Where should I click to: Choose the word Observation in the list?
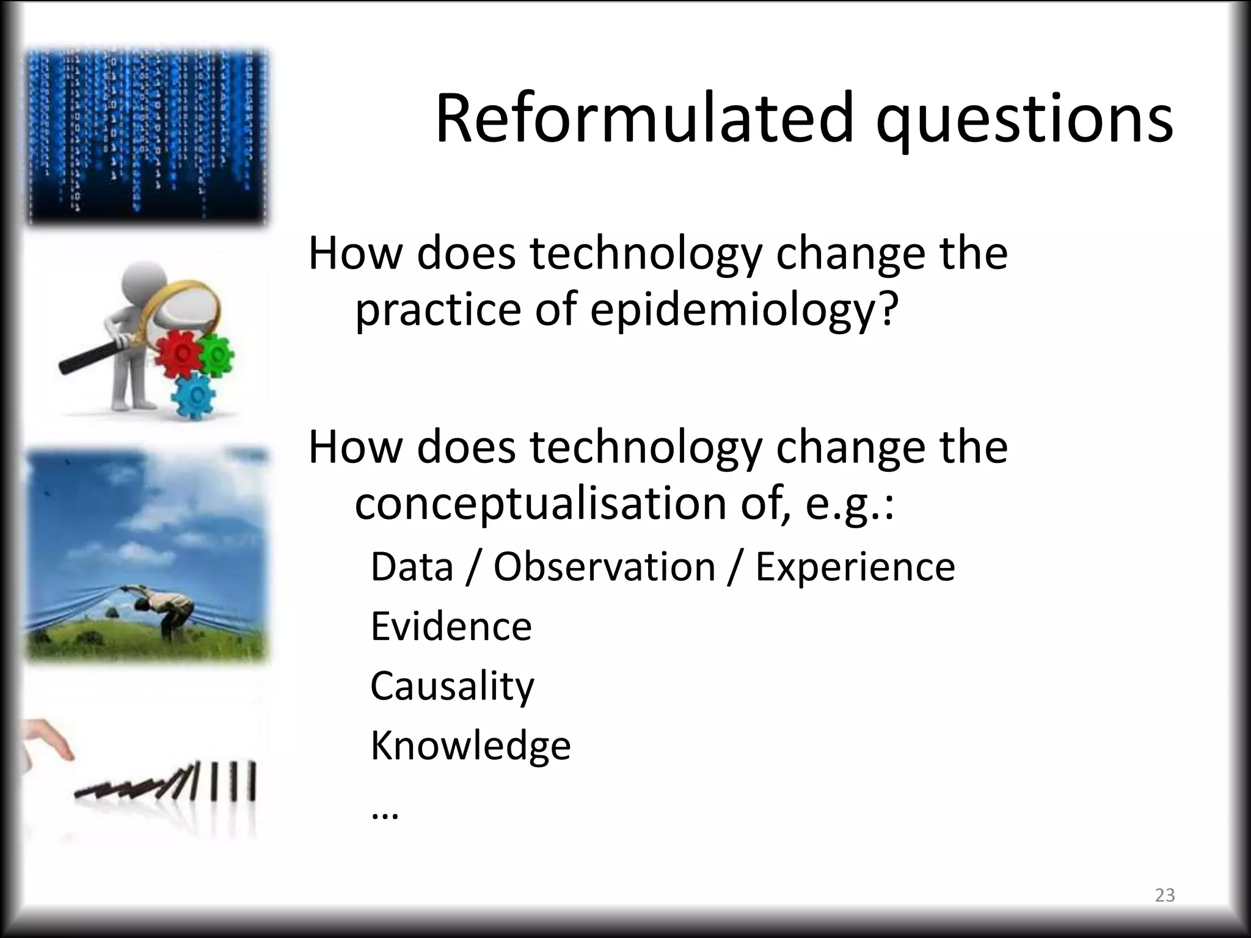coord(604,567)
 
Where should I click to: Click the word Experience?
coord(855,567)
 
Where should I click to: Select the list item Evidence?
coord(451,627)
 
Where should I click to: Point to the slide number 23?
coord(1165,895)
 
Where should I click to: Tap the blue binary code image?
coord(147,137)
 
